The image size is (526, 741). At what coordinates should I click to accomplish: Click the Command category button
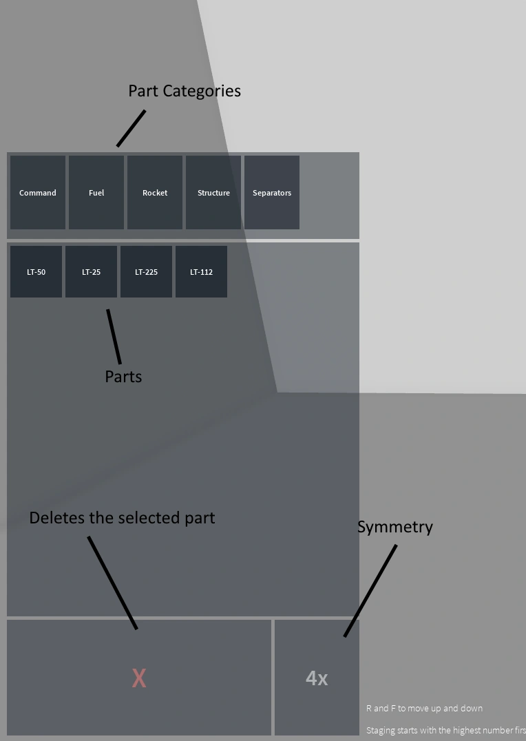38,192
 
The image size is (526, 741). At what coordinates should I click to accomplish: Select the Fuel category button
96,192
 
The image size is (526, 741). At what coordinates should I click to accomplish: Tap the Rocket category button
155,192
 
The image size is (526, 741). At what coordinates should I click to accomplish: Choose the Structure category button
213,192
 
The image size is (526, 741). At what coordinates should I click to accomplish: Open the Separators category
272,192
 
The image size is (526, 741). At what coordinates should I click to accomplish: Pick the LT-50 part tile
36,271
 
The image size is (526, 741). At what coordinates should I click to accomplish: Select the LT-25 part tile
91,271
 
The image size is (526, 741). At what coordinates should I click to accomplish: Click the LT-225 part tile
146,271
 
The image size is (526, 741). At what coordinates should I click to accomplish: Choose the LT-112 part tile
201,271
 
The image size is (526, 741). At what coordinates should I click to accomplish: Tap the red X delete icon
139,678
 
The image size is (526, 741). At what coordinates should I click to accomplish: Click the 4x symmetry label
317,678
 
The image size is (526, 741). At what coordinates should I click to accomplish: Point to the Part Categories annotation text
185,91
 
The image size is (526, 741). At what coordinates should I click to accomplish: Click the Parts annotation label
123,377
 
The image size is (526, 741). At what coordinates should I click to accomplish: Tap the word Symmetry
394,527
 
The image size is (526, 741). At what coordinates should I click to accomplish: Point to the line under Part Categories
131,129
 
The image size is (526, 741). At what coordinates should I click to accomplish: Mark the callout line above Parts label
114,337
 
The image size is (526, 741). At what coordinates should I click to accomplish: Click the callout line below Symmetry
370,591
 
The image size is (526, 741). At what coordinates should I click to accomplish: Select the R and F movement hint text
424,708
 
